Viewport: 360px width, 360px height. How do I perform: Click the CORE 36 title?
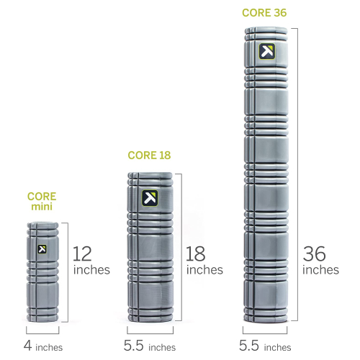(264, 13)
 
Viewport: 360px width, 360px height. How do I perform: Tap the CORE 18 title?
(149, 156)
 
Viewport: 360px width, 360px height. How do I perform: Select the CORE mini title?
(42, 202)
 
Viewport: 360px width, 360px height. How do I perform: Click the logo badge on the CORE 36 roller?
(267, 51)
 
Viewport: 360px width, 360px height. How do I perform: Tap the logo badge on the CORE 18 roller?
(150, 198)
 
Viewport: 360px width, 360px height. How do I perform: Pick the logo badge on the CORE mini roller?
(42, 249)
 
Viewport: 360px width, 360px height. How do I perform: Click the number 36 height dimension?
(314, 253)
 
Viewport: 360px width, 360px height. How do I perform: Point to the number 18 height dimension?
(196, 253)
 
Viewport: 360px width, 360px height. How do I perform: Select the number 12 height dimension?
(82, 253)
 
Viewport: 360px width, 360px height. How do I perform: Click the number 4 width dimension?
(27, 346)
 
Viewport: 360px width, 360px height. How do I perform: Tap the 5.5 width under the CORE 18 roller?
(134, 346)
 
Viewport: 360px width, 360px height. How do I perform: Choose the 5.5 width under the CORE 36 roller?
(249, 346)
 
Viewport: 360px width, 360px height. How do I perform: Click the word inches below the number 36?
(320, 270)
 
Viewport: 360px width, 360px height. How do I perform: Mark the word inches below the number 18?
(204, 270)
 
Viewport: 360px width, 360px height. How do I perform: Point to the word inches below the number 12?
(91, 270)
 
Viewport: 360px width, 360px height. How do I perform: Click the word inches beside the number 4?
(49, 347)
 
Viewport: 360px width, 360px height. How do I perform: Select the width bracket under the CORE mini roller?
(42, 333)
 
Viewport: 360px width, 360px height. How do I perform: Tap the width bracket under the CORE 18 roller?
(150, 333)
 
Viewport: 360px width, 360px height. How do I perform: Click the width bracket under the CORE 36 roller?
(265, 333)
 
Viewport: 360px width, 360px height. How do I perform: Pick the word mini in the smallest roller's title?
(42, 207)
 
